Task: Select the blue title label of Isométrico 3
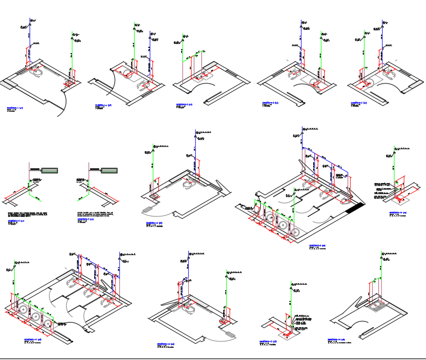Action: click(x=183, y=104)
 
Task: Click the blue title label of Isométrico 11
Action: click(x=31, y=339)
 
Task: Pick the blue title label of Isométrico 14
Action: click(x=336, y=339)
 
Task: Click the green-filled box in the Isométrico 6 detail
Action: click(x=50, y=169)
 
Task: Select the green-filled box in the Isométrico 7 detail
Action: click(x=109, y=169)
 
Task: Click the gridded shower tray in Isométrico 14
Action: click(x=377, y=305)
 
